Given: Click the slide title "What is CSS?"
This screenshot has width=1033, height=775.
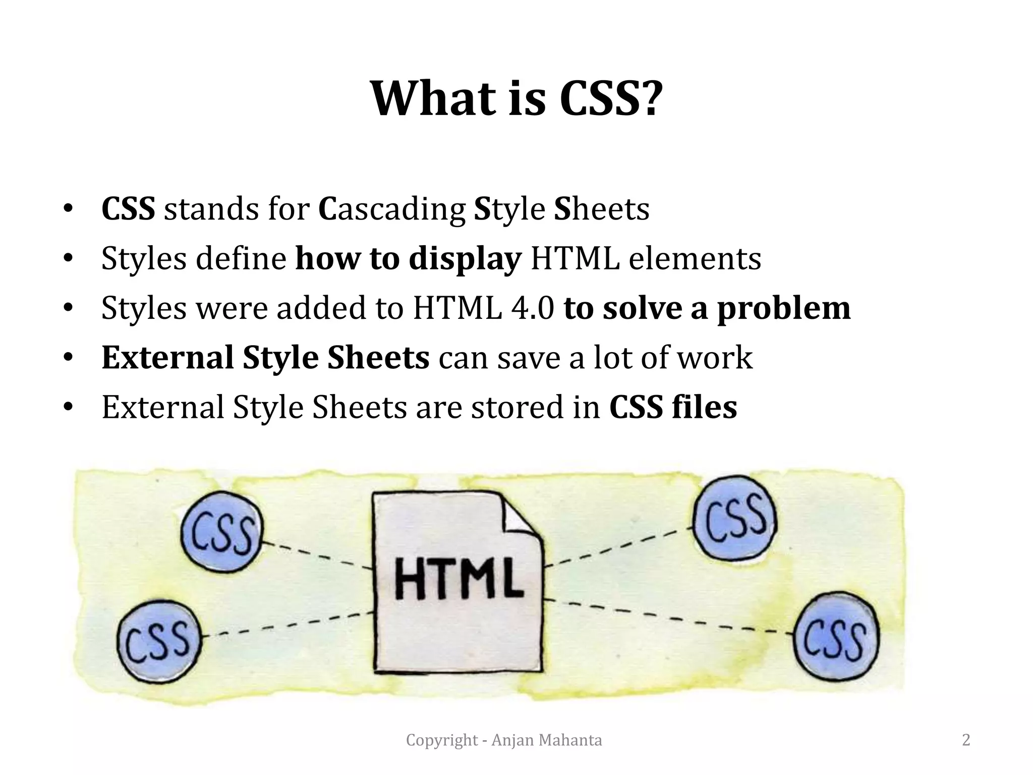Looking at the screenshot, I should pyautogui.click(x=514, y=98).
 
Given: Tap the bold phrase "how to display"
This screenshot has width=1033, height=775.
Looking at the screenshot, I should pyautogui.click(x=408, y=259).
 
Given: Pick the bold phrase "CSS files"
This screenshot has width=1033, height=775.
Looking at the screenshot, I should pyautogui.click(x=673, y=407).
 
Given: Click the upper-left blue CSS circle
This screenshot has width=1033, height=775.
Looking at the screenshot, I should pyautogui.click(x=222, y=535).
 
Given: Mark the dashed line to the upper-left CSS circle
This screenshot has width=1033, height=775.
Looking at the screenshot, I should pyautogui.click(x=318, y=556).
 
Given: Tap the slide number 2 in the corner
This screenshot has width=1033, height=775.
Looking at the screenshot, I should pyautogui.click(x=966, y=740).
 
